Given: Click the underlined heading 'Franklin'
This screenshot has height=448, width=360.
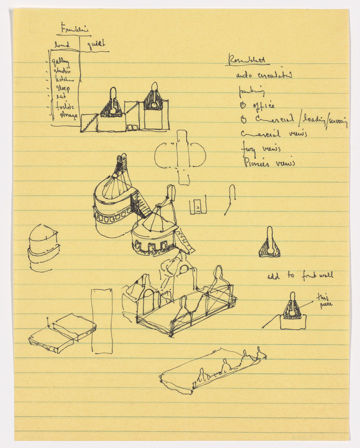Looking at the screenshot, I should coord(75,30).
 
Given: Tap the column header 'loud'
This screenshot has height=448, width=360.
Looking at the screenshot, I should coord(62,45).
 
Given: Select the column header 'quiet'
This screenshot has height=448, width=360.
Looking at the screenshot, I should coord(96,44).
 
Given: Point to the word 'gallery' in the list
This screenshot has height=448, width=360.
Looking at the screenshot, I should coord(61,63).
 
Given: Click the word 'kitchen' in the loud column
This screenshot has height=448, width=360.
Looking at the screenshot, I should coord(64,79).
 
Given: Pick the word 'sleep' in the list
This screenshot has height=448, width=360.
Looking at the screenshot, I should coord(63,88).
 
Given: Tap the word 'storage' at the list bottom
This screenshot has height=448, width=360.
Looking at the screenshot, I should coord(69,115).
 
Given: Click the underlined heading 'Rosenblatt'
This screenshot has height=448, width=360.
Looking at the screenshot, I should coord(247,60).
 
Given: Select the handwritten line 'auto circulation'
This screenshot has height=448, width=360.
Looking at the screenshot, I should coord(264,75).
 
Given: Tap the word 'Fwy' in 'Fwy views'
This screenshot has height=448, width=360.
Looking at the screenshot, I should coord(248,149).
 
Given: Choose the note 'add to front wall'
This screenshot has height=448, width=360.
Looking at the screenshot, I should coord(300,276).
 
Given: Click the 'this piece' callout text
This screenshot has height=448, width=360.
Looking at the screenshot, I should coord(324,301).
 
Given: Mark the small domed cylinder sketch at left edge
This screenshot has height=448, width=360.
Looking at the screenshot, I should coord(43,248).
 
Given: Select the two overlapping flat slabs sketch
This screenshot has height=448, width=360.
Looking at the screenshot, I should coord(62,333).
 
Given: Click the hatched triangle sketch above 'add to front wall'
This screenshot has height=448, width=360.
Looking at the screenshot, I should coord(269,244).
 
